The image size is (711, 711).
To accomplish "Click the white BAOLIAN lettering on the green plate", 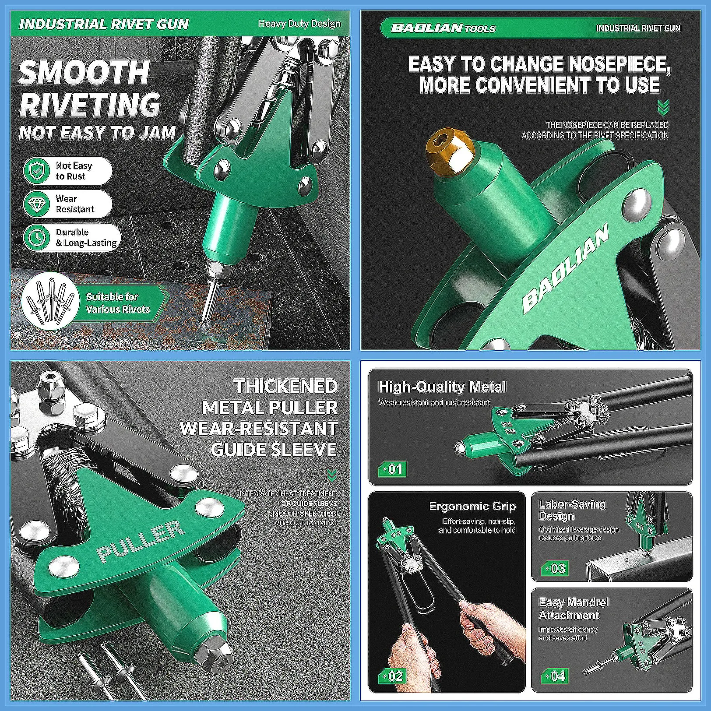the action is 565,268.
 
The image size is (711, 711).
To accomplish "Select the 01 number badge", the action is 392,469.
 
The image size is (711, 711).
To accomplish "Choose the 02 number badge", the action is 392,676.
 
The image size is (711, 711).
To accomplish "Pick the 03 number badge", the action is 555,568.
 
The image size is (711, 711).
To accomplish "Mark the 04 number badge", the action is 555,676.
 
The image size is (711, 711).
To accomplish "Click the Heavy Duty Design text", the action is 299,24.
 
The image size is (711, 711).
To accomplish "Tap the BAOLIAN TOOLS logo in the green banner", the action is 443,28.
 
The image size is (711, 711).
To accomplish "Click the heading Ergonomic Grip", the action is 472,507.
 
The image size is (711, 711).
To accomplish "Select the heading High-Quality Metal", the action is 442,387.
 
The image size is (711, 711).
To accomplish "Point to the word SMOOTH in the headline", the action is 84,73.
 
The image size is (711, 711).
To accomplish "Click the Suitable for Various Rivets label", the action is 118,303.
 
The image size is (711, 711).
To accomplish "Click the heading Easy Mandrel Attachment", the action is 574,609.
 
